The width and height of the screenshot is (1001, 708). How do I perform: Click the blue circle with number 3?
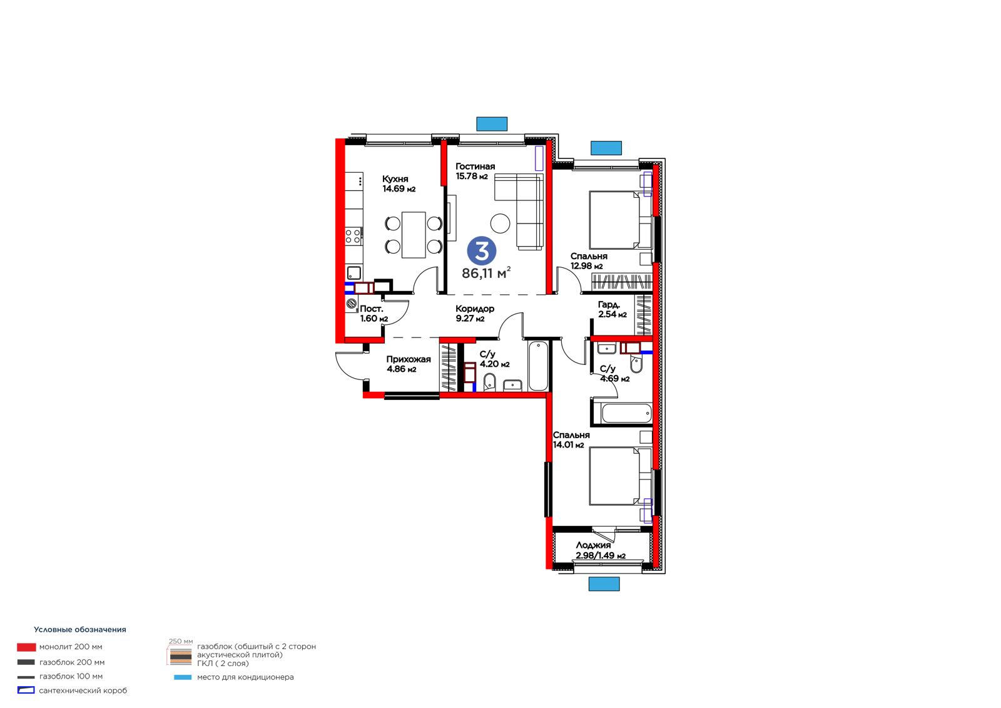(481, 252)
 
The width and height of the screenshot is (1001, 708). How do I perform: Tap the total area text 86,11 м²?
(486, 272)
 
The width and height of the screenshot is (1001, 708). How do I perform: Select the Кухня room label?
(395, 179)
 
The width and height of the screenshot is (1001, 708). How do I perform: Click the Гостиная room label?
(475, 167)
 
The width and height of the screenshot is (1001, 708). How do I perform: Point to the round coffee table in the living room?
(500, 223)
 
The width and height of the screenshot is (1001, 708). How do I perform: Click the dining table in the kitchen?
(414, 235)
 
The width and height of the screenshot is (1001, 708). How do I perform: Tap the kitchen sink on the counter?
(354, 273)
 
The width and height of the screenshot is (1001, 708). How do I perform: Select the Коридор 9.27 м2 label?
(475, 314)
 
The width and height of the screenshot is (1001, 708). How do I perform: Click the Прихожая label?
(409, 359)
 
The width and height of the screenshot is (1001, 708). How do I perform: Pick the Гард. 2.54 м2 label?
(612, 309)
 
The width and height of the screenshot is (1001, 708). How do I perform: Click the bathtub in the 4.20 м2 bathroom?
(539, 366)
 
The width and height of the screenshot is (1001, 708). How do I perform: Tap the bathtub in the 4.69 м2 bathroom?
(626, 413)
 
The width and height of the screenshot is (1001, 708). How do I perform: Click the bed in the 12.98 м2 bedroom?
(620, 220)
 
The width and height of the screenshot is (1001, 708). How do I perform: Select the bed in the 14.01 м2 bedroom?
(620, 476)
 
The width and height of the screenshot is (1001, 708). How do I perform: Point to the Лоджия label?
(593, 545)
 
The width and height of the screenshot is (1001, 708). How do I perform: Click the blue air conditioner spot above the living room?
(492, 124)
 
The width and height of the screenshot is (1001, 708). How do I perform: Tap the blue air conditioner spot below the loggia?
(604, 583)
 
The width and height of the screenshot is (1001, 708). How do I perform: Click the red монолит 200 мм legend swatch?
(26, 647)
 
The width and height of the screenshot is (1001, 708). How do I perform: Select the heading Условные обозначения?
(80, 629)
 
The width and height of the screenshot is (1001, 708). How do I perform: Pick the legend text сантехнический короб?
(83, 690)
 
